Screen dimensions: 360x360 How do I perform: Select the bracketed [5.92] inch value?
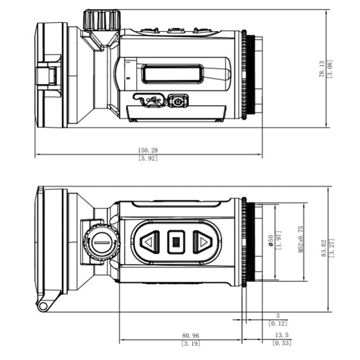pos(147,158)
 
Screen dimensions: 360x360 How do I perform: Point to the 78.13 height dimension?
pos(321,69)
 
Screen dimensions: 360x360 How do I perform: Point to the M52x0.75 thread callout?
pos(301,239)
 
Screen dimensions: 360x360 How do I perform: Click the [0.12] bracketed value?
pos(277,323)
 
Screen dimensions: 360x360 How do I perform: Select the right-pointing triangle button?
pos(203,242)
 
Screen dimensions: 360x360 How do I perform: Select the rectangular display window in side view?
pos(172,74)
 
